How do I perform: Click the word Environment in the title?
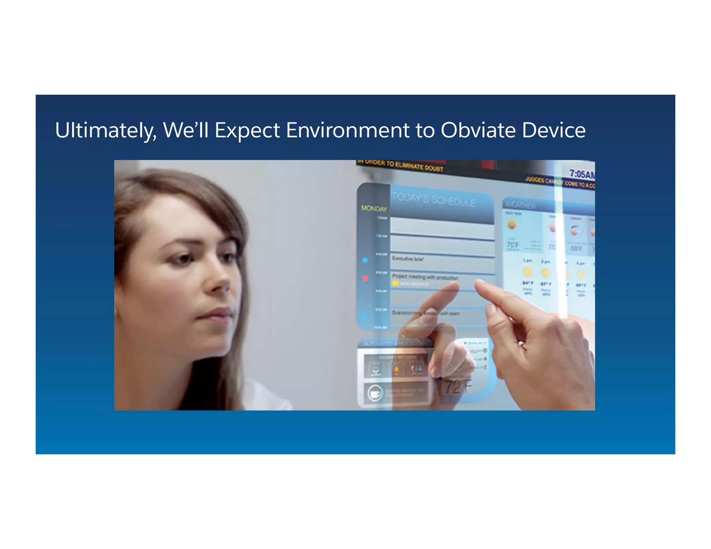pyautogui.click(x=348, y=131)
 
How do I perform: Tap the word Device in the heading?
pyautogui.click(x=554, y=131)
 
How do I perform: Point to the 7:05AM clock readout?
pyautogui.click(x=582, y=174)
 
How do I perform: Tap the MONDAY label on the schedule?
pyautogui.click(x=374, y=208)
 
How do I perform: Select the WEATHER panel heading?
pyautogui.click(x=520, y=205)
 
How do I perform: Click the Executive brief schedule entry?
pyautogui.click(x=408, y=259)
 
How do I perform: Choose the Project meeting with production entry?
pyautogui.click(x=425, y=277)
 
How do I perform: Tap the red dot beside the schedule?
pyautogui.click(x=365, y=278)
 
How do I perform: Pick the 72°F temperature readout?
pyautogui.click(x=458, y=387)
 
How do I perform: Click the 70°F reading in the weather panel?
pyautogui.click(x=513, y=245)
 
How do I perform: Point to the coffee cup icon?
pyautogui.click(x=375, y=393)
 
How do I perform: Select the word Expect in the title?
pyautogui.click(x=247, y=131)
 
